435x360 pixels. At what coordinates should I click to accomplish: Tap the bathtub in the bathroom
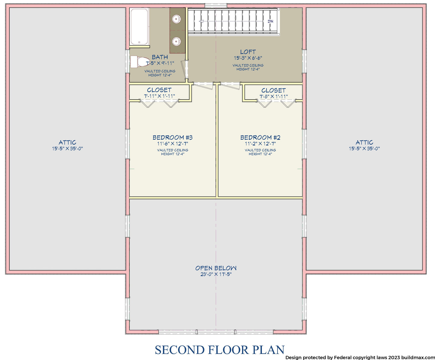click(x=139, y=26)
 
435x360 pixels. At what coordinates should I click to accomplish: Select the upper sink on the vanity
click(x=176, y=19)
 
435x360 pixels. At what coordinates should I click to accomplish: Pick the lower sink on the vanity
click(x=176, y=42)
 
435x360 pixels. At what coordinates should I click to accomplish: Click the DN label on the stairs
click(x=270, y=21)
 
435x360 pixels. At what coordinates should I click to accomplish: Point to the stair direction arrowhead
click(x=201, y=21)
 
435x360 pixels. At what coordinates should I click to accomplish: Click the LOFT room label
click(x=248, y=52)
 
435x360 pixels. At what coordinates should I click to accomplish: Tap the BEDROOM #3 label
click(x=172, y=137)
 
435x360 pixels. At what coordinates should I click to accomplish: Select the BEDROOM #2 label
click(x=260, y=137)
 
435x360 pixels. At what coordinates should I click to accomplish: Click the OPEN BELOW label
click(x=216, y=268)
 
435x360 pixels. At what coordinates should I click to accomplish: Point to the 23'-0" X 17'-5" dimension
click(x=216, y=274)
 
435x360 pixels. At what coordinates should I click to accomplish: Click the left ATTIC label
click(x=67, y=142)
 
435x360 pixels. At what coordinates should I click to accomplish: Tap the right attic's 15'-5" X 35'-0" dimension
click(x=364, y=149)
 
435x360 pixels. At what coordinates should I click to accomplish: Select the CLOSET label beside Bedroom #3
click(x=159, y=90)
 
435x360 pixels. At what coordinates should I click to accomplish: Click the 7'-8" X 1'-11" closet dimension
click(x=274, y=96)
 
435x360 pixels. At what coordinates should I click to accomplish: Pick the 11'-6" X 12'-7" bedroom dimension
click(x=172, y=143)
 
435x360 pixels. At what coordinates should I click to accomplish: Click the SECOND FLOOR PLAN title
click(x=219, y=349)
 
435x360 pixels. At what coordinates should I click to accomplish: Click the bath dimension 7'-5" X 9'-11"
click(x=160, y=63)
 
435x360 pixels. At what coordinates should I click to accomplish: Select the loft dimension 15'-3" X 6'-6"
click(x=248, y=58)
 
